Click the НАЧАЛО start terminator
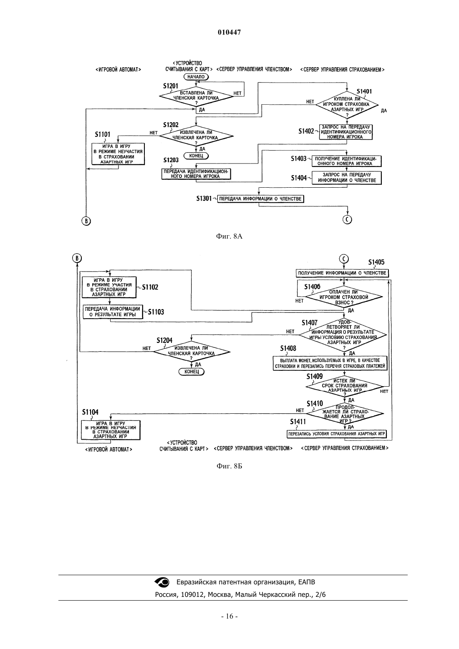(x=196, y=77)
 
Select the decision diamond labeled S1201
(x=196, y=97)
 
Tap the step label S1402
(x=306, y=131)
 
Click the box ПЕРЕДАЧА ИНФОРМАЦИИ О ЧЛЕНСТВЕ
(x=260, y=199)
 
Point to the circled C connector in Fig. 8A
(x=347, y=219)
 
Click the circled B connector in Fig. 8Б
(x=77, y=258)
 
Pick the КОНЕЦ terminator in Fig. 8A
(x=196, y=156)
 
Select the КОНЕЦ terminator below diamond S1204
(x=192, y=372)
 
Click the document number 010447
(x=229, y=33)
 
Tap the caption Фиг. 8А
(x=229, y=236)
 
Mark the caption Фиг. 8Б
(x=229, y=466)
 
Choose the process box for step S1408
(x=330, y=363)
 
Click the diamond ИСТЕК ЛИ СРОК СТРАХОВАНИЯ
(x=344, y=386)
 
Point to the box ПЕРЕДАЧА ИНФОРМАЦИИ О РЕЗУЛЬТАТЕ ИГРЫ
(x=113, y=312)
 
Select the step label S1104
(x=90, y=412)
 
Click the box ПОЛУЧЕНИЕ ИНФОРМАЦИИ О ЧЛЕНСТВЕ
(x=342, y=273)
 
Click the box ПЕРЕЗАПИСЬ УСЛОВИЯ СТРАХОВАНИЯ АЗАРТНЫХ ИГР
(x=336, y=434)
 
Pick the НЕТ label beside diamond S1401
(x=310, y=102)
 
